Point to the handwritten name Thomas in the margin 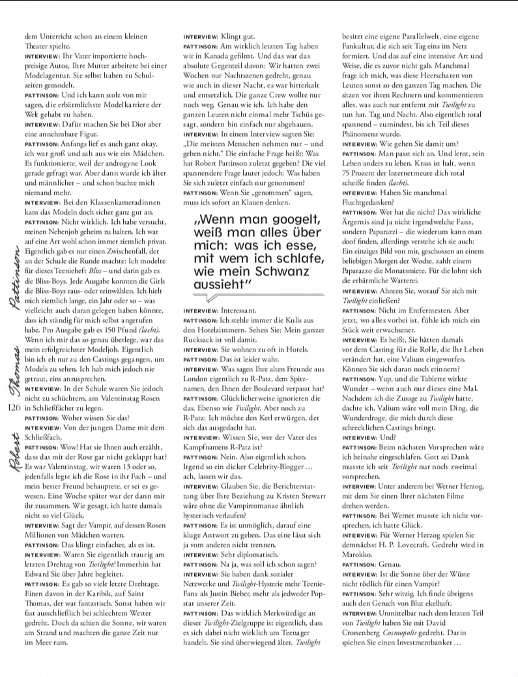[x=12, y=370]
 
